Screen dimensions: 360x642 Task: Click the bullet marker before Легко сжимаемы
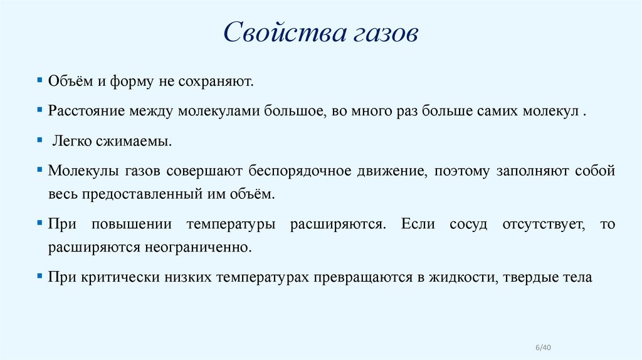pos(39,140)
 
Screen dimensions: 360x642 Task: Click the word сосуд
pos(468,224)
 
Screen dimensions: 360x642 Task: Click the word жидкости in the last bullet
pos(460,277)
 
